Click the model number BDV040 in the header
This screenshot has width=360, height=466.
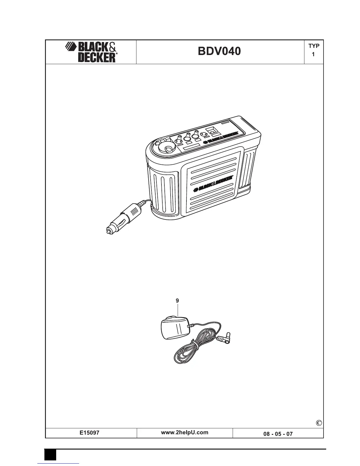pos(219,51)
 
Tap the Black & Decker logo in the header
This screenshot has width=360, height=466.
pos(91,52)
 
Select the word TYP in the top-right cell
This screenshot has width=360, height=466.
pos(314,46)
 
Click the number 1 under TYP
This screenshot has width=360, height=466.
pos(314,54)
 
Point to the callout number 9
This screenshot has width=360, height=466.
pos(177,301)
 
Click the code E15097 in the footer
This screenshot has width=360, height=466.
pos(91,433)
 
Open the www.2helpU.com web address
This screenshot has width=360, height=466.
pos(185,432)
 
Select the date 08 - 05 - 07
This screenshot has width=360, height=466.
pos(278,434)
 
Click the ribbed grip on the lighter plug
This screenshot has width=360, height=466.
pos(134,212)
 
